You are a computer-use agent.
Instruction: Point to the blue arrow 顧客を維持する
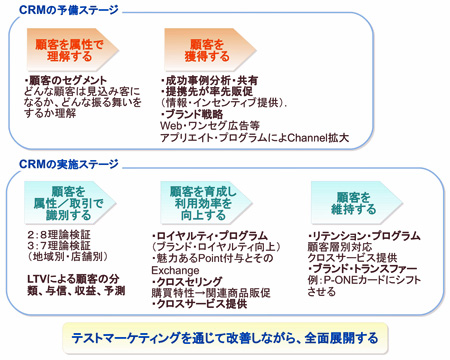[x=345, y=199]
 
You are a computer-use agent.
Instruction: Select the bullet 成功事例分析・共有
[x=210, y=80]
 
